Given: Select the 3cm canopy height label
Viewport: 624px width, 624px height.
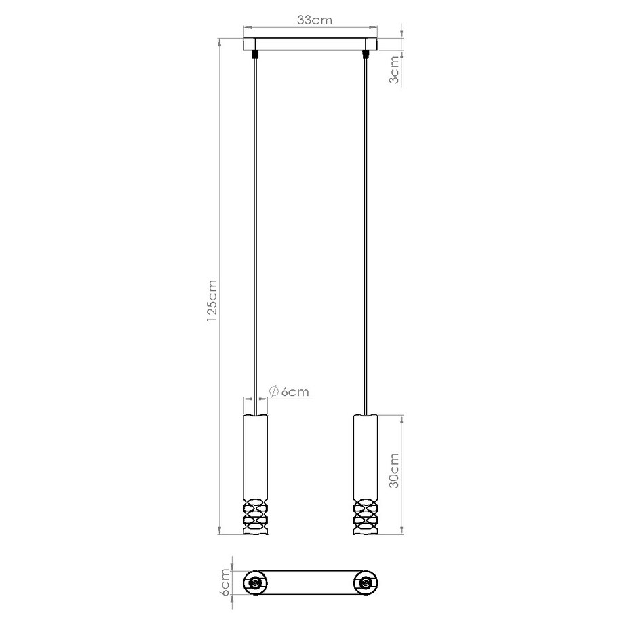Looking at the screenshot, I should [x=393, y=71].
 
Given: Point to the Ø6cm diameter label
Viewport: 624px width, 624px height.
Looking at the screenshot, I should [x=289, y=391].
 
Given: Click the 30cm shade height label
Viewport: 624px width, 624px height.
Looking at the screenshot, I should [x=393, y=473].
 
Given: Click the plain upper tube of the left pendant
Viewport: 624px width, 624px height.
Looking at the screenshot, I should [x=256, y=454].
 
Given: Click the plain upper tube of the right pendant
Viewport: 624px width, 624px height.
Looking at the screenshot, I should [x=366, y=454].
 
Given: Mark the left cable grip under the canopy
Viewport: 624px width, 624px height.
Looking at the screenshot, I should [x=256, y=54].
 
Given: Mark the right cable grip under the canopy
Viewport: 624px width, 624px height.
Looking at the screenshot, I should [x=366, y=54].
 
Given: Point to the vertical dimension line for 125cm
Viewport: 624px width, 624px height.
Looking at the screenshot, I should [x=219, y=285].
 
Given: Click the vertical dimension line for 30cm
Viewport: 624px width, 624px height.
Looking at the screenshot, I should [x=402, y=473].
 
